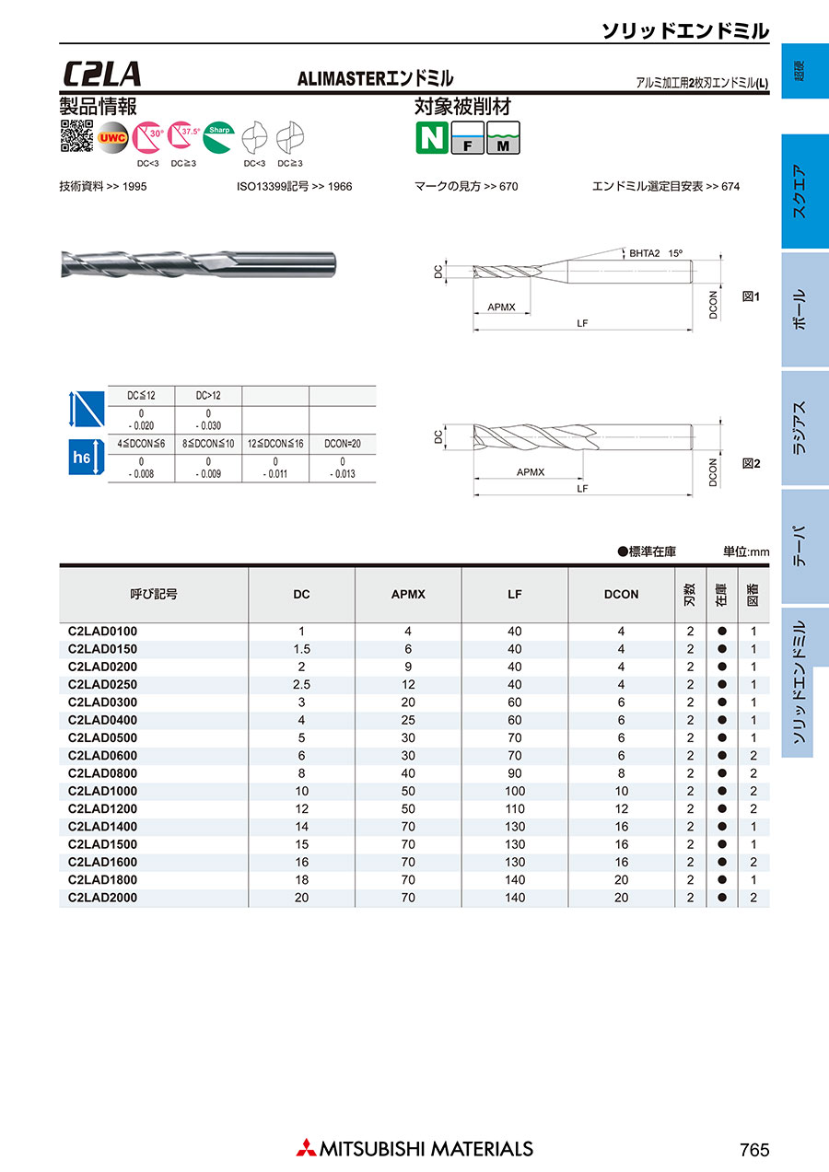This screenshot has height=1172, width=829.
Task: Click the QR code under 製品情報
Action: [x=76, y=135]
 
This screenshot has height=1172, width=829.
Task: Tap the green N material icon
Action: [x=430, y=137]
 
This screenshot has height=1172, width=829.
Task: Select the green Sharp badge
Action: [x=218, y=135]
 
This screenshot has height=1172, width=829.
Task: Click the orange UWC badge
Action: [x=112, y=137]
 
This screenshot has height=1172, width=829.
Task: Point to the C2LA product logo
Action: [x=102, y=74]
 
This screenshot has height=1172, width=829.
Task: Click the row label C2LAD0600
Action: [x=102, y=755]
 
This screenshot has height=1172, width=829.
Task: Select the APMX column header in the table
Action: [x=408, y=595]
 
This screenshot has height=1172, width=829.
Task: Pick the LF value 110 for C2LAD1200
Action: [x=515, y=808]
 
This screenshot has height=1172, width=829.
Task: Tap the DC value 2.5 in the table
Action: [x=301, y=684]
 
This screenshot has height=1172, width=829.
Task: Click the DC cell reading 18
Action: [x=301, y=879]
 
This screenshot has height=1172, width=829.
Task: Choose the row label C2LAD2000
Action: [x=102, y=897]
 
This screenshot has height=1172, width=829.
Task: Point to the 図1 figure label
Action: [x=751, y=297]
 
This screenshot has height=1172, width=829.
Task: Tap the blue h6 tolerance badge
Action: [x=84, y=457]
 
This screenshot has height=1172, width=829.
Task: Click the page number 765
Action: [x=753, y=1150]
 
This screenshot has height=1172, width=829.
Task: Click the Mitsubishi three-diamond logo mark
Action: [x=305, y=1148]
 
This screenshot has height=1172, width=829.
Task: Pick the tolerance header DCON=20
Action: [x=342, y=444]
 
